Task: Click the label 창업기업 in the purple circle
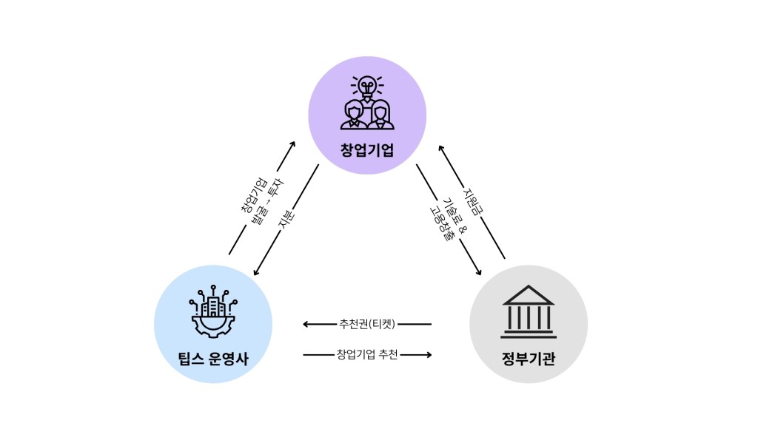(367, 150)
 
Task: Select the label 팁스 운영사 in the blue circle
(213, 359)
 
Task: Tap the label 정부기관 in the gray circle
(529, 359)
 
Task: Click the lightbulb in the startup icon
(367, 87)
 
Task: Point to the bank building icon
(529, 311)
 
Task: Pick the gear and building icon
(213, 311)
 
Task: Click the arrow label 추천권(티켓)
(367, 324)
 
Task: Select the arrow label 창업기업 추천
(367, 354)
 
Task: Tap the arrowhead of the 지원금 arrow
(441, 147)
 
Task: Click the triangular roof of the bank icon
(529, 296)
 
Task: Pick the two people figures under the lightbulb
(367, 115)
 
